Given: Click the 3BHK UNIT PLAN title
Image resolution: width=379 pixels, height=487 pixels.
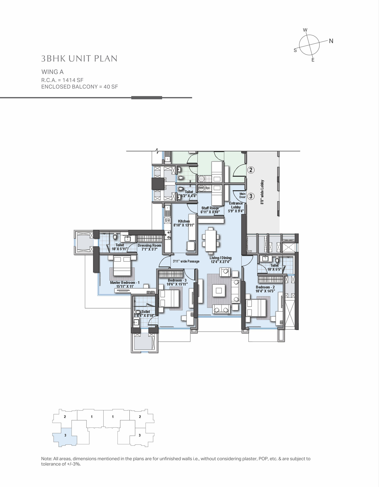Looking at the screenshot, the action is click(x=79, y=59).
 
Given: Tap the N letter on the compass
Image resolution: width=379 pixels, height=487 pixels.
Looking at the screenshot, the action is click(x=331, y=41).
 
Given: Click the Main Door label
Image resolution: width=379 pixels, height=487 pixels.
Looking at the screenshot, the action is click(x=243, y=195).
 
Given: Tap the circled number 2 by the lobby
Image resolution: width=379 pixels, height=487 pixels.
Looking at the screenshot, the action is click(x=251, y=170).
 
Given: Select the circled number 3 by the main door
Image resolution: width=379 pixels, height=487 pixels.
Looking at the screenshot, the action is click(x=251, y=196).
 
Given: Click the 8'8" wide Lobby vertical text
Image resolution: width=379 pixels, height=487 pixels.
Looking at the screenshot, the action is click(x=263, y=192).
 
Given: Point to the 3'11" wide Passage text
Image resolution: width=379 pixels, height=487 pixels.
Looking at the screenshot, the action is click(x=186, y=261).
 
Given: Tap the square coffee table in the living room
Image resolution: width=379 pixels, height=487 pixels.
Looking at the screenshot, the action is click(x=219, y=290).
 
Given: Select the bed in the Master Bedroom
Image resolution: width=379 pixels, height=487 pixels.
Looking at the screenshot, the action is click(x=122, y=265).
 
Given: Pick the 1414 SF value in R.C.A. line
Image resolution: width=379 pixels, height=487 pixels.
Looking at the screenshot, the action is click(x=73, y=80).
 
